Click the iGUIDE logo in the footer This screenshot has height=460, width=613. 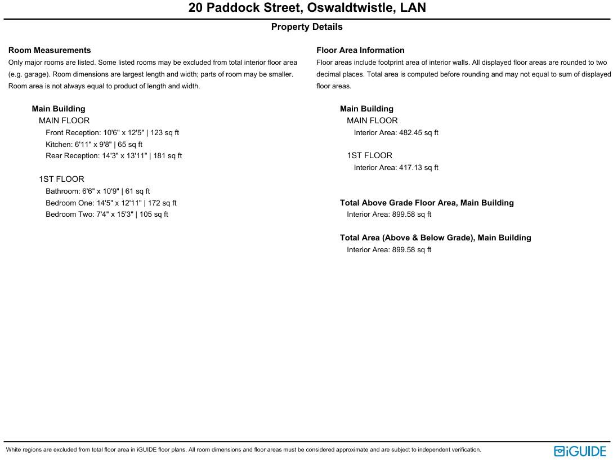click(x=580, y=451)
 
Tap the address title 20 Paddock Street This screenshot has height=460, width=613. click(x=307, y=8)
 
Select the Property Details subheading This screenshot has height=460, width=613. click(x=307, y=27)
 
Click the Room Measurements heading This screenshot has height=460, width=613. click(x=50, y=50)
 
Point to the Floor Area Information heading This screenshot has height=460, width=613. click(x=360, y=50)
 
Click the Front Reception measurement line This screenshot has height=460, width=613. click(x=112, y=133)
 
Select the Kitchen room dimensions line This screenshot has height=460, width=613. click(x=94, y=145)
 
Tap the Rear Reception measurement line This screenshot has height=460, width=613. click(x=114, y=156)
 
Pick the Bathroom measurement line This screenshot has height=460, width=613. click(x=97, y=191)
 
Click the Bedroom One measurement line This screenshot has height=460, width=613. click(x=111, y=203)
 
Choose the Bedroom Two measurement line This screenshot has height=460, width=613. click(x=107, y=215)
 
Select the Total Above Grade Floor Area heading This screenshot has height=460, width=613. click(x=427, y=203)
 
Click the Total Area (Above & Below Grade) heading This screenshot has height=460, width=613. click(x=435, y=238)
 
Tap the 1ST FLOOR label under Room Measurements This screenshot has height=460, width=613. click(x=61, y=179)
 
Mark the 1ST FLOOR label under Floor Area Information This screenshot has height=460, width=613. click(x=369, y=155)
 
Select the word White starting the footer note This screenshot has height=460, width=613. click(x=14, y=450)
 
